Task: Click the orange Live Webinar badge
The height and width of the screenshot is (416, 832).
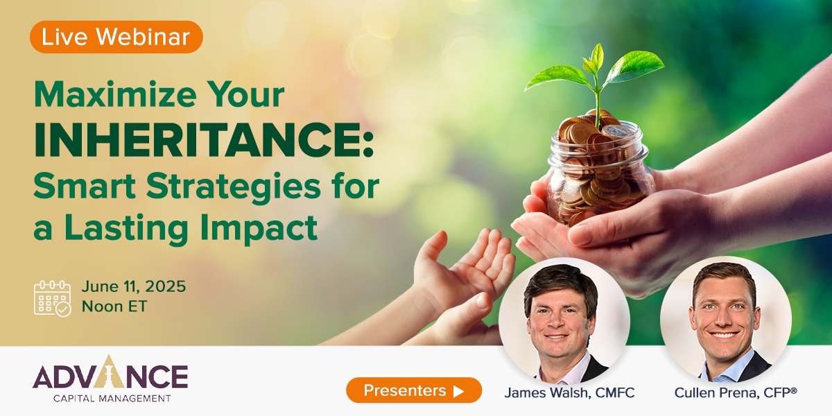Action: (116, 37)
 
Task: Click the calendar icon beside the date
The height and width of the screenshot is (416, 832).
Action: (53, 298)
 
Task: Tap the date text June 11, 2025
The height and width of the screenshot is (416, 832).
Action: (133, 286)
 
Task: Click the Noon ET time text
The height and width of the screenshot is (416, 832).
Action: (114, 306)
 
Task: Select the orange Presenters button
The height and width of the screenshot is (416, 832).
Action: (413, 390)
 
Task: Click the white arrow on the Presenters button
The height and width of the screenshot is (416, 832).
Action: (458, 391)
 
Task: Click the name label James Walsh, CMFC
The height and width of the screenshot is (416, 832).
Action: (569, 393)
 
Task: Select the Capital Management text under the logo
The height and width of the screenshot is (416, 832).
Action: (111, 398)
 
